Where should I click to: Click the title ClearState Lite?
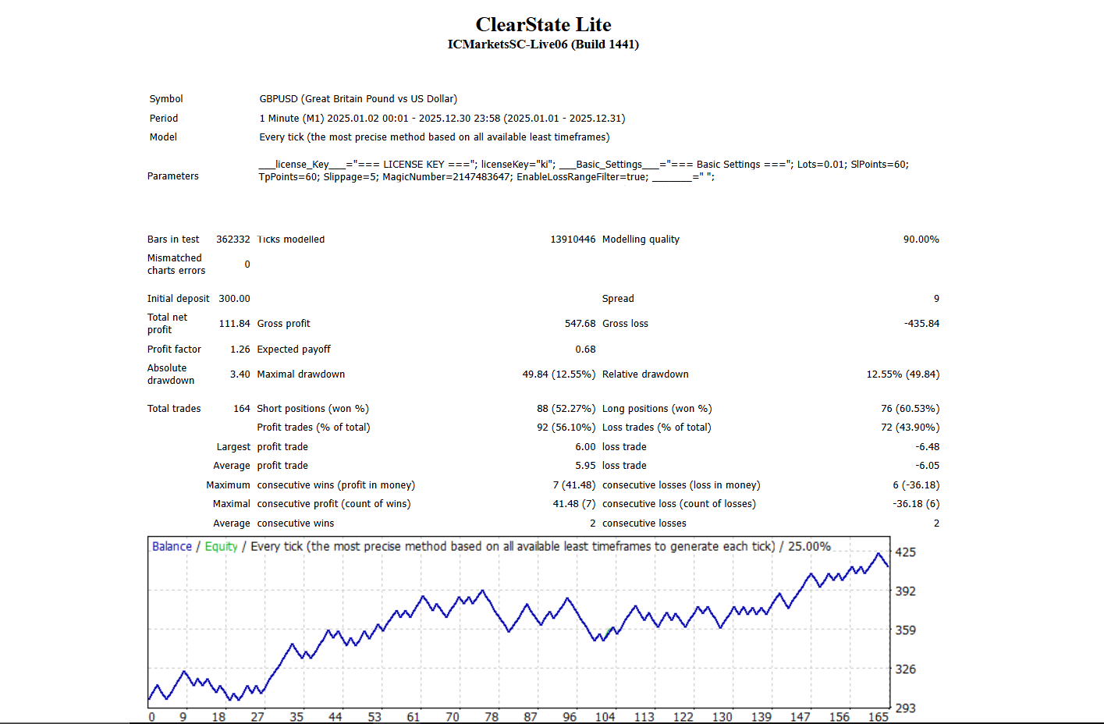(x=543, y=25)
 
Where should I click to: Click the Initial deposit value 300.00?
(x=234, y=299)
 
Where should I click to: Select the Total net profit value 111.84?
(x=234, y=324)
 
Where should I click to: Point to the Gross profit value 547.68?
(x=580, y=324)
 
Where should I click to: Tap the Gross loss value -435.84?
(x=921, y=324)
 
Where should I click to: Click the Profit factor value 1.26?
(x=240, y=350)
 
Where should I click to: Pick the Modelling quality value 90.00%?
(x=921, y=240)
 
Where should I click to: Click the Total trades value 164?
(x=241, y=409)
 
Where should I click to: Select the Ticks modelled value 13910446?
(x=573, y=240)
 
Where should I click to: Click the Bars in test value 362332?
(x=233, y=240)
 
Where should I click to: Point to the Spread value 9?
(x=936, y=299)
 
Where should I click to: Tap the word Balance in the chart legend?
(x=172, y=546)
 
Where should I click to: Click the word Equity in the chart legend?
(x=221, y=546)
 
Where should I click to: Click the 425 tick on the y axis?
(x=905, y=552)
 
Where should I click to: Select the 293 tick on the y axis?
(x=905, y=708)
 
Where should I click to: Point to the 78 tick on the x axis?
(x=492, y=717)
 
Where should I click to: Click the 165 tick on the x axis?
(x=879, y=717)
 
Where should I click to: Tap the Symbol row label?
(x=166, y=99)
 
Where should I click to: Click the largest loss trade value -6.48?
(x=927, y=447)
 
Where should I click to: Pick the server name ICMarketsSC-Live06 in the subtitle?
(x=507, y=44)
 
